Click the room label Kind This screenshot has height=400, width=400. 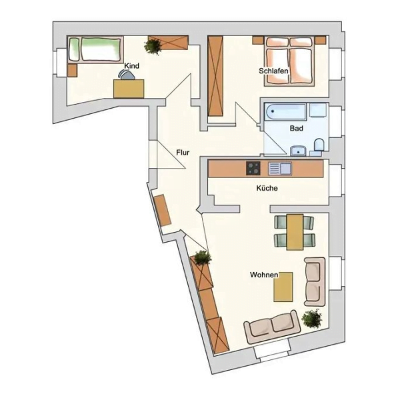(131, 66)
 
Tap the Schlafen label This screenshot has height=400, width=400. (273, 71)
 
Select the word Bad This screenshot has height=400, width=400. (297, 128)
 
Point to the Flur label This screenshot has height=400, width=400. (183, 153)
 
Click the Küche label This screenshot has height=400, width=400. (267, 188)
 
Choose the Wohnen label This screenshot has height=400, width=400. (264, 275)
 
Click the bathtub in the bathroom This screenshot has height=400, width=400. (285, 112)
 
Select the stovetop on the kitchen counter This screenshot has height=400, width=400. (253, 168)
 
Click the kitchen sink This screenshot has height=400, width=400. (280, 169)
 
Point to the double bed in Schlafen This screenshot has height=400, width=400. (289, 61)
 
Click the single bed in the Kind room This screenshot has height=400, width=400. (95, 49)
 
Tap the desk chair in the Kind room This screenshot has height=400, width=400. (127, 75)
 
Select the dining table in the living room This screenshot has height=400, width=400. (295, 232)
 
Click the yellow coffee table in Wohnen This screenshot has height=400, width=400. (283, 287)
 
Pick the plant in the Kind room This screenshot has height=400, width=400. (153, 46)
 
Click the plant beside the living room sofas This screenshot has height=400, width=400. (312, 319)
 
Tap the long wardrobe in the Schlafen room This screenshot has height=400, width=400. (215, 76)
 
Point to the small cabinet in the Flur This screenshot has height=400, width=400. (163, 210)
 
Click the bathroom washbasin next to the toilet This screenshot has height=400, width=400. (298, 151)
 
